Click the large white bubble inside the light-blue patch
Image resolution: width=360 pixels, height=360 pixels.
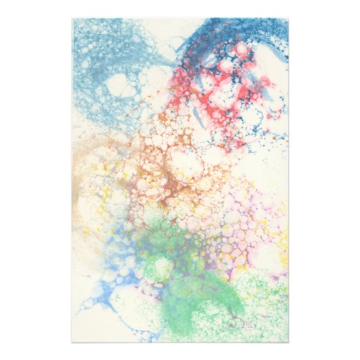click(x=120, y=85)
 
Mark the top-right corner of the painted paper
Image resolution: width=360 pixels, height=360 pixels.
click(x=288, y=18)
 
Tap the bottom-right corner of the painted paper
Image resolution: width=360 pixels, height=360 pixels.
click(x=288, y=342)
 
